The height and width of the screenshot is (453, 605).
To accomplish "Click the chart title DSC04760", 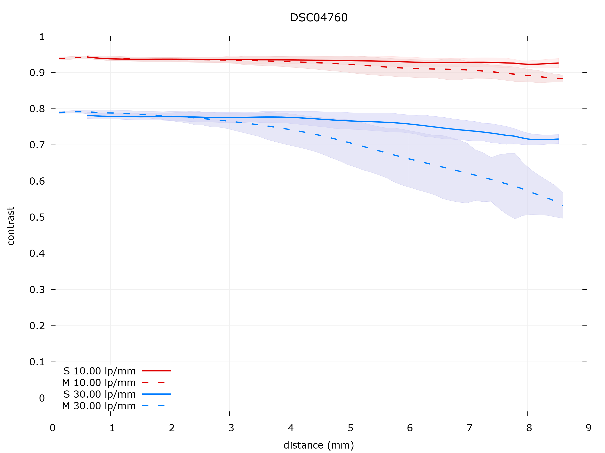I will click(319, 18).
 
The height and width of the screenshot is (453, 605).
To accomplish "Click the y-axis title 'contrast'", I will click(11, 226).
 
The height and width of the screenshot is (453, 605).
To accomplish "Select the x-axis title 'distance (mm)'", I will click(319, 445).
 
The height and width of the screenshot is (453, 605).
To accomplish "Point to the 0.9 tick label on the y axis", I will click(37, 73).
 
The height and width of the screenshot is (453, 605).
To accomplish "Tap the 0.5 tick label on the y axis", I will click(37, 217).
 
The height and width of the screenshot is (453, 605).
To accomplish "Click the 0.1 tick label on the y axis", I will click(37, 362).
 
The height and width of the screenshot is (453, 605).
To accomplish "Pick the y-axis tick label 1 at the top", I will click(42, 37).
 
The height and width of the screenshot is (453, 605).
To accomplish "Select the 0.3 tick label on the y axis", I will click(37, 290).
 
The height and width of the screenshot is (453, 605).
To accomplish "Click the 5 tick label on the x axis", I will click(350, 428).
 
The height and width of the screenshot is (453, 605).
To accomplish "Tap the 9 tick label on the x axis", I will click(589, 428).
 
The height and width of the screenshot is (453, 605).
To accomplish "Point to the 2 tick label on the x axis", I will click(172, 428).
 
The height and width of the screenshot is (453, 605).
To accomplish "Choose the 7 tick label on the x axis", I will click(470, 428).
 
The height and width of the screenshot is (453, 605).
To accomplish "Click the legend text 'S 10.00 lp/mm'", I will click(99, 371).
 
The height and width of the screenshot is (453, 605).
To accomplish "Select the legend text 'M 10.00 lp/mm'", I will click(99, 383).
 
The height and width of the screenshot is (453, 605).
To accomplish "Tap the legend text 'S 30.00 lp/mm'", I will click(99, 394).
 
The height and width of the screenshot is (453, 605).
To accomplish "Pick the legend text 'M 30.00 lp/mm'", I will click(99, 406).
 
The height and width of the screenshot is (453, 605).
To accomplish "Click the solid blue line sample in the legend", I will click(156, 394).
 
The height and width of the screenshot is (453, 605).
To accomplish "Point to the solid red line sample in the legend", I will click(156, 371).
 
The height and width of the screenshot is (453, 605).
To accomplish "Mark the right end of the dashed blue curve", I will click(563, 205).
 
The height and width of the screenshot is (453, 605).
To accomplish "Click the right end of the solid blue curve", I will click(558, 139).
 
